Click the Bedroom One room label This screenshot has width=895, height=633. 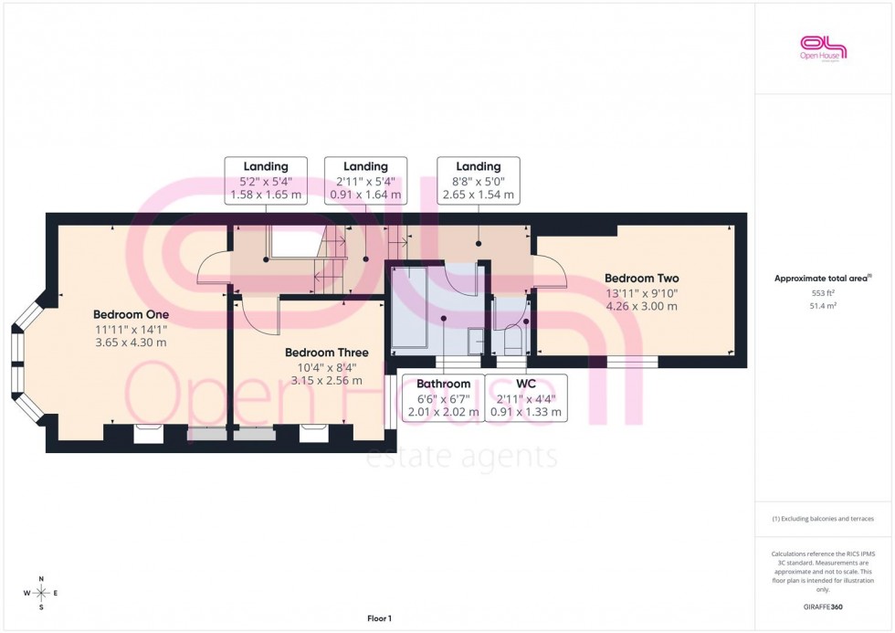tap(131, 314)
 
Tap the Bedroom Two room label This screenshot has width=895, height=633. tap(641, 278)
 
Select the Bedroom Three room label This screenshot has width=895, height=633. tap(326, 352)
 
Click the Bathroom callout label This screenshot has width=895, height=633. tap(443, 384)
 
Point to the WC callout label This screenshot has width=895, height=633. tap(525, 384)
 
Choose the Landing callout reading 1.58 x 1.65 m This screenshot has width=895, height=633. tap(265, 166)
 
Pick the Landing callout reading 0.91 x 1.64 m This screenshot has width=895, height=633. tap(365, 166)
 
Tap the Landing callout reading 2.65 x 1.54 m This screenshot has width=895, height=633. tap(478, 166)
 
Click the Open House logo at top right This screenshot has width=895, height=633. tap(823, 47)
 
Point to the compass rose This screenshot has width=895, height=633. tap(41, 594)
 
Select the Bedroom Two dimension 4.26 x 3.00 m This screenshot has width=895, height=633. tap(641, 306)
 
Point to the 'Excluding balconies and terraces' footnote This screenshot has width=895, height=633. tap(823, 519)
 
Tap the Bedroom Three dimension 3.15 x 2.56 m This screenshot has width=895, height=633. tap(326, 380)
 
